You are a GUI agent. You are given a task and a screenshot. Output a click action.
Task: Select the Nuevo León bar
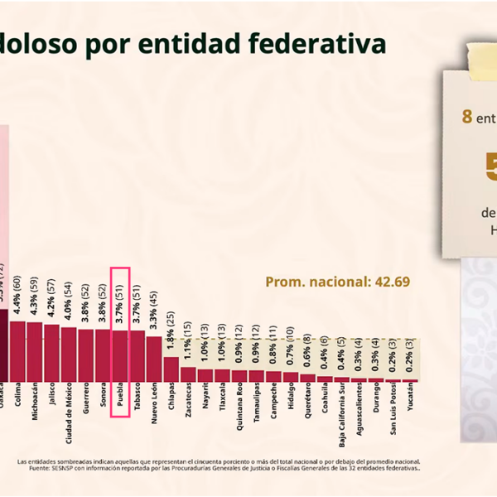[154, 358]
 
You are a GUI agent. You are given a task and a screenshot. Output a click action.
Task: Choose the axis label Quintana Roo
[239, 412]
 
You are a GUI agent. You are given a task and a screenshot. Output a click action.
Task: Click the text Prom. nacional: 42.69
[337, 282]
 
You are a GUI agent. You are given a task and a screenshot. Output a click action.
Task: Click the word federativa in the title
[322, 44]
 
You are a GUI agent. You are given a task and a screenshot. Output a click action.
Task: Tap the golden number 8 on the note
[467, 117]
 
